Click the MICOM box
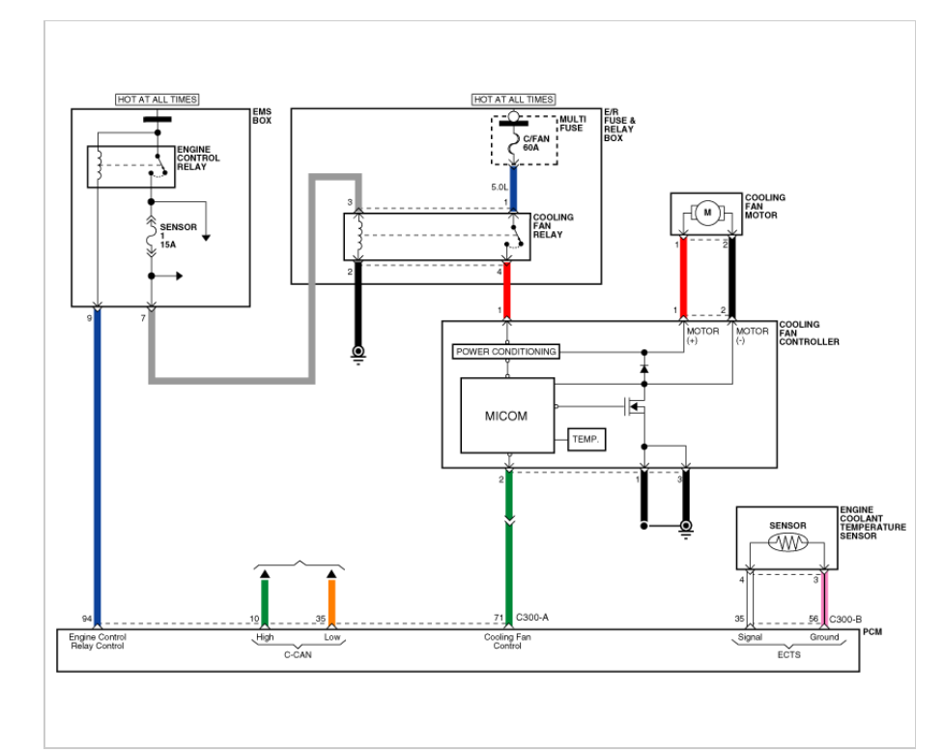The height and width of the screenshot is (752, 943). point(507,415)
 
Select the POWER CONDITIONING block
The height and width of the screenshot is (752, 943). point(505,351)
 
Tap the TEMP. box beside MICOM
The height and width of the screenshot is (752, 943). point(586,439)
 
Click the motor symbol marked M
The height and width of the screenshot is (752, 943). point(707,213)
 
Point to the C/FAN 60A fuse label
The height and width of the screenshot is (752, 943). point(536,143)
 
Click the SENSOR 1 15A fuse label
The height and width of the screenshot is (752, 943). point(178,236)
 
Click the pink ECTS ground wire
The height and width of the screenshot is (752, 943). point(824,599)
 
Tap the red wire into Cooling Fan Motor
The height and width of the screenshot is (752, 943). point(683,276)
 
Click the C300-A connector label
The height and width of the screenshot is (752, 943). point(532,618)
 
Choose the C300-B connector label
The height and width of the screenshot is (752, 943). point(845,619)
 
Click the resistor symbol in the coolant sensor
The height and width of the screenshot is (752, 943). point(787,543)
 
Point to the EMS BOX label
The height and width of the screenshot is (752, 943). point(262,116)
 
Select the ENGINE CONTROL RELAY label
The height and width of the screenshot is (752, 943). point(198,159)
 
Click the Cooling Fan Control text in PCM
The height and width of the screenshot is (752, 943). point(507,641)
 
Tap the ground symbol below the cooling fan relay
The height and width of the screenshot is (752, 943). point(358,355)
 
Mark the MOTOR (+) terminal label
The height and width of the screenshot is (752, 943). point(703,335)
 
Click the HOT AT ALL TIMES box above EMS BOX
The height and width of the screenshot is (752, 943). point(157,100)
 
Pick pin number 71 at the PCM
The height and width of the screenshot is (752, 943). point(499,618)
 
